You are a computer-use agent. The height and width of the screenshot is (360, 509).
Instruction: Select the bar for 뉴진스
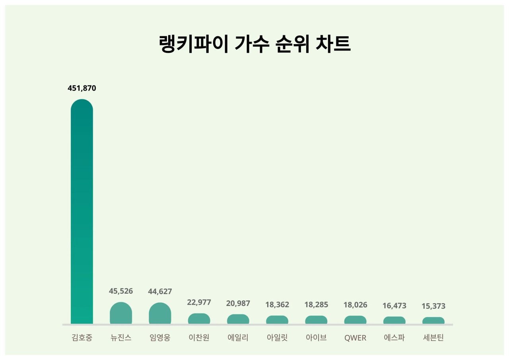click(121, 313)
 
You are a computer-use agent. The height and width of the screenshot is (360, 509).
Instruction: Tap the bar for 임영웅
click(160, 314)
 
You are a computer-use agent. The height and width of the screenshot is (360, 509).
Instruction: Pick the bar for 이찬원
click(199, 319)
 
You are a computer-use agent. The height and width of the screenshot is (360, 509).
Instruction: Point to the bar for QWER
click(355, 320)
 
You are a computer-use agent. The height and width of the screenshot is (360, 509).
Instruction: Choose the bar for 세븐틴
click(433, 321)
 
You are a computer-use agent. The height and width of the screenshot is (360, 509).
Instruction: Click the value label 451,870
click(82, 88)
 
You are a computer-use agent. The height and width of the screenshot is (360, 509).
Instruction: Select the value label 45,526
click(121, 291)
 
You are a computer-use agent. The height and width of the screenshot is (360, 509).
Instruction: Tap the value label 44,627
click(160, 292)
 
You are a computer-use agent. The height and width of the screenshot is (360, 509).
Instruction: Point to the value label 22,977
click(199, 302)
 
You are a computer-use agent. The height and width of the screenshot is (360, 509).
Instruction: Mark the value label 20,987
click(238, 304)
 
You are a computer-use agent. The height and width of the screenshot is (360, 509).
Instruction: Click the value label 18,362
click(277, 305)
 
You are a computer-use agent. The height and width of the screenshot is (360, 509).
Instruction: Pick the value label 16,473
click(394, 306)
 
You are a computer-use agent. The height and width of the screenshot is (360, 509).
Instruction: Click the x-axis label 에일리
click(238, 338)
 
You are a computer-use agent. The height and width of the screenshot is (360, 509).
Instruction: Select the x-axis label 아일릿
click(277, 338)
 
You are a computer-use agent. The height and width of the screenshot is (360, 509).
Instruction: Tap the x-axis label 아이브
click(316, 338)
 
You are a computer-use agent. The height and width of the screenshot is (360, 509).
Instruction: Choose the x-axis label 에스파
click(394, 338)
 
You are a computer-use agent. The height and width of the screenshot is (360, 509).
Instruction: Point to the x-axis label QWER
click(355, 339)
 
